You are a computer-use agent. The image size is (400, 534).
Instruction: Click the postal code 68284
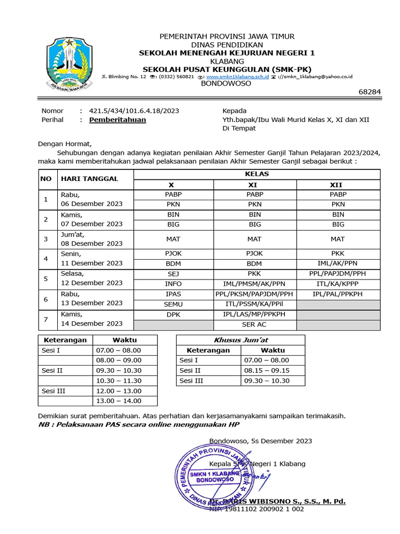coord(370,92)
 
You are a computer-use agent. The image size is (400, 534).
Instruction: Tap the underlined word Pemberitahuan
coord(118,120)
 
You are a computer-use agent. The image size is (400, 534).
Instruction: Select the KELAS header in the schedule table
coord(257,174)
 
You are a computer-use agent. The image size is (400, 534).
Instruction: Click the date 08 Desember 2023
coord(92,244)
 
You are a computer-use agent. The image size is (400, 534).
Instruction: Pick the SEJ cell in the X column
coord(173,273)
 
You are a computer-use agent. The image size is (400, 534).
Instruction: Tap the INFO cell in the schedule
coord(173,284)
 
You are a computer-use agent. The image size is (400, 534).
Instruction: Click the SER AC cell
coord(255,324)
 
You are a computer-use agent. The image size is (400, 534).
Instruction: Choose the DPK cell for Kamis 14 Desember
coord(173,314)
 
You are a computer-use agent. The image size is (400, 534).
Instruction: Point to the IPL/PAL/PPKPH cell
coord(337,294)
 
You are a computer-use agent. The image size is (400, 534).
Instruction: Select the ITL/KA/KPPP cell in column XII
coord(337,284)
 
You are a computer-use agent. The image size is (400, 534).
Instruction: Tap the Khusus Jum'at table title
coord(240,340)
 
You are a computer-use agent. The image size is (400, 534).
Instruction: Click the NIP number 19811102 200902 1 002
coord(256,509)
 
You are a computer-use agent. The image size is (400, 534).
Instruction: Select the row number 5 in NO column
coord(46,278)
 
